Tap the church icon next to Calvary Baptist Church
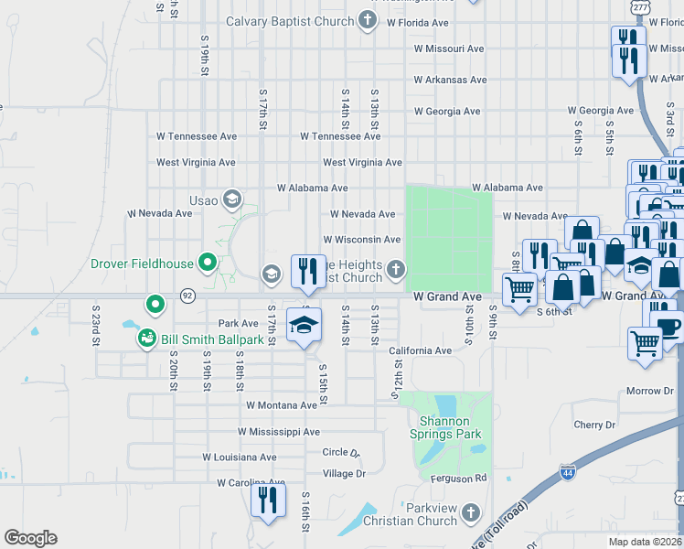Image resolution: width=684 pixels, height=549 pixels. tap(367, 21)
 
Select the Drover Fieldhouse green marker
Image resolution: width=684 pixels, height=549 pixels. tap(208, 264)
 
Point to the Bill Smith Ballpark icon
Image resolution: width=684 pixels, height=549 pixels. tap(146, 339)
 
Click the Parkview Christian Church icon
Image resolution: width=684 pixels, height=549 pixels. tap(470, 511)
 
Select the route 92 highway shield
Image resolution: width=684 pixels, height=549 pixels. tap(187, 296)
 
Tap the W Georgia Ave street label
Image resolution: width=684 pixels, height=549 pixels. tap(446, 112)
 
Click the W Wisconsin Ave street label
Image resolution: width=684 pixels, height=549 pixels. tap(361, 240)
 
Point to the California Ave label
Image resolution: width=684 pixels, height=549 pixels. tap(420, 351)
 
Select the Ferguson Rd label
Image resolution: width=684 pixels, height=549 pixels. tap(458, 478)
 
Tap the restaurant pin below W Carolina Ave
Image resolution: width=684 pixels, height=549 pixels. tap(268, 500)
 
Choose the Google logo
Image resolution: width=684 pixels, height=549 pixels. tap(30, 538)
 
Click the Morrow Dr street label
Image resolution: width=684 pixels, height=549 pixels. tap(649, 392)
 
